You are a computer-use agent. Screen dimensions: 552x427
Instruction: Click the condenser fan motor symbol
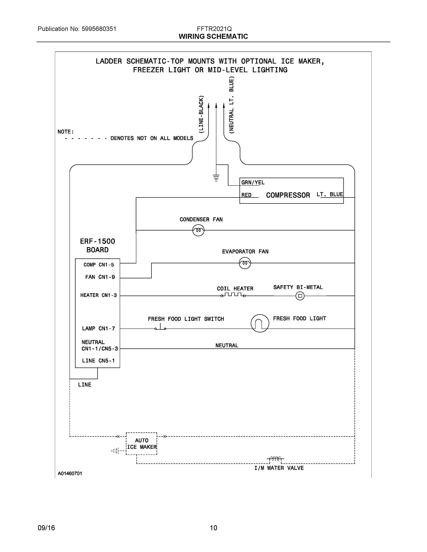coord(198,230)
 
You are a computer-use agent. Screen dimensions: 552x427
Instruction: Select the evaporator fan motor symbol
coord(245,263)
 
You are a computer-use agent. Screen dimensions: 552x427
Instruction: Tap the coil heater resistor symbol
coord(233,295)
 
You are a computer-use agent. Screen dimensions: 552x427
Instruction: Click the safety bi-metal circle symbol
coord(300,296)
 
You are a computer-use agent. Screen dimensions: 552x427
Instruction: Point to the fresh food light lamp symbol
coord(260,323)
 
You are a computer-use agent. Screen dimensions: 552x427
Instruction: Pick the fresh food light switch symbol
coord(160,328)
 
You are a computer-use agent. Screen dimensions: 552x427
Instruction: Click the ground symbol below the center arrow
coord(216,178)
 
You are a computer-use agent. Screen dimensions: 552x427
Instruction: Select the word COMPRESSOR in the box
coord(288,195)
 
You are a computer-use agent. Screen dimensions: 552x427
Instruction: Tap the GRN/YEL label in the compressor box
coord(253,182)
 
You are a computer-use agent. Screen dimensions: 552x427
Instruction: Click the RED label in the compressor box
coord(246,195)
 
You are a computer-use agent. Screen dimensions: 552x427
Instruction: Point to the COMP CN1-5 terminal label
coord(99,265)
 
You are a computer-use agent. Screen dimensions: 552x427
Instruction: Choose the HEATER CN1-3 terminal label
coord(98,295)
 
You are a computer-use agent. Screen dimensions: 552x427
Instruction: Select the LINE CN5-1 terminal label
coord(98,361)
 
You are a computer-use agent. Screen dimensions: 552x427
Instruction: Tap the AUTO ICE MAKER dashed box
coord(141,444)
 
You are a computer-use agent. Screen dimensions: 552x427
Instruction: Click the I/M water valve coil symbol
coord(275,458)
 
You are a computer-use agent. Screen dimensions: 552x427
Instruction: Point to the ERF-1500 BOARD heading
coord(97,245)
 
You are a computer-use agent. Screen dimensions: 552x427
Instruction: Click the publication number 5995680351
coord(99,29)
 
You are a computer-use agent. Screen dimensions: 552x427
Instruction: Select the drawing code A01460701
coord(70,473)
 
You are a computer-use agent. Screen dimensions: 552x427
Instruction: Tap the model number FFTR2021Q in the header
coord(214,29)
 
